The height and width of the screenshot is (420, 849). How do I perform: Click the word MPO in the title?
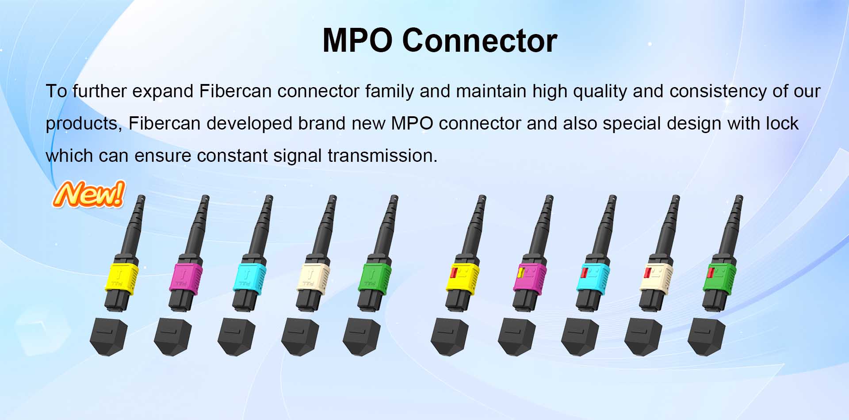click(358, 41)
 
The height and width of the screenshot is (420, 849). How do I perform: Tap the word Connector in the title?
click(480, 41)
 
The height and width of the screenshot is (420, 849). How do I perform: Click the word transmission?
click(382, 156)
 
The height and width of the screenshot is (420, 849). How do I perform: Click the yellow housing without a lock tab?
click(121, 277)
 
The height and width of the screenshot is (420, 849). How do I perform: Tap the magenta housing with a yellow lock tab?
click(530, 277)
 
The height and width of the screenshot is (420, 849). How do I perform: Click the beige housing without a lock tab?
click(313, 277)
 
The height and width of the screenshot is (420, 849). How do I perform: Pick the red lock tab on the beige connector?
click(647, 272)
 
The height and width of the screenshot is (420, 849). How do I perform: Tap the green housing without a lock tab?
click(375, 277)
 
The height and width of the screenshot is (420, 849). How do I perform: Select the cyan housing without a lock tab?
click(249, 277)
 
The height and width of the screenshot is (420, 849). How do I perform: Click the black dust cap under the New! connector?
click(108, 336)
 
